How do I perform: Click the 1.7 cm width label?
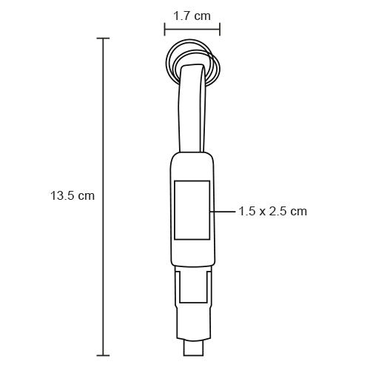click(x=191, y=15)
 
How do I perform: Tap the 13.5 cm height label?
click(x=73, y=196)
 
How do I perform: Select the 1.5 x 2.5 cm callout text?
click(x=272, y=211)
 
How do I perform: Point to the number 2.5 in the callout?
click(x=279, y=211)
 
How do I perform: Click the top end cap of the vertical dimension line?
click(x=103, y=38)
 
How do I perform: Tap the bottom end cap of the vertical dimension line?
click(x=103, y=356)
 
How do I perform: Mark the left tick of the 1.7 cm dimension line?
click(x=164, y=30)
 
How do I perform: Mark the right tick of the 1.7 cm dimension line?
click(x=219, y=30)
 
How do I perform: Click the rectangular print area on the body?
click(x=192, y=209)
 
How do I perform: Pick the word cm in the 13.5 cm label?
click(x=87, y=196)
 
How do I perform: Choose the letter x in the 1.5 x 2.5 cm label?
click(x=262, y=211)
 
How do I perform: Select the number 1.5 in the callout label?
click(x=247, y=211)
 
